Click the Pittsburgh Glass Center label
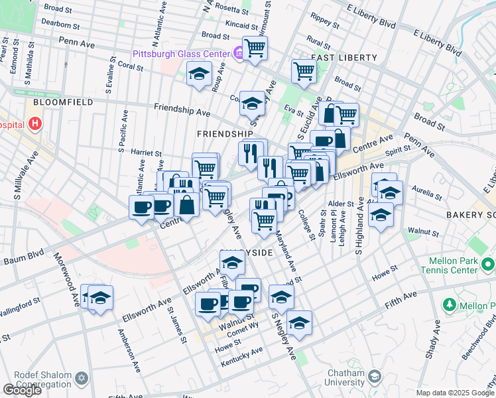pyautogui.click(x=180, y=53)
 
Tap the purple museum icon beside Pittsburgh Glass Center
pyautogui.click(x=237, y=53)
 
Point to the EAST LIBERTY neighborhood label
pyautogui.click(x=343, y=58)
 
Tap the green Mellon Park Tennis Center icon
pyautogui.click(x=488, y=265)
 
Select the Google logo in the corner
pyautogui.click(x=22, y=390)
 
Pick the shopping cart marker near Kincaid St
pyautogui.click(x=255, y=48)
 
